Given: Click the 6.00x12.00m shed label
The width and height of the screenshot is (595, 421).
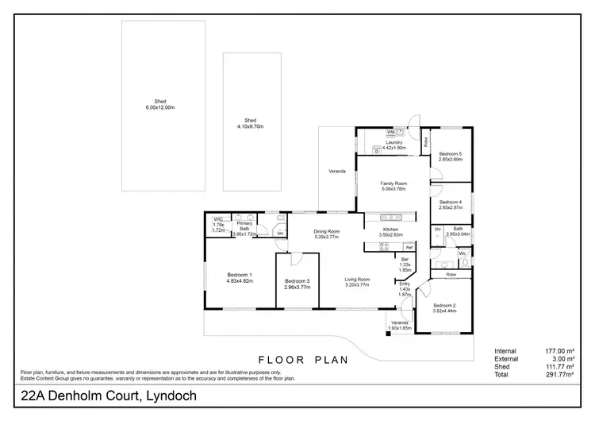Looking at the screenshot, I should [x=159, y=104].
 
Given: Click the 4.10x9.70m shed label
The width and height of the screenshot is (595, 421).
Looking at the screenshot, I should [x=253, y=123].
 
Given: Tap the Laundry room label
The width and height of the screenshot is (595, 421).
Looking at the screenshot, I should [x=394, y=145].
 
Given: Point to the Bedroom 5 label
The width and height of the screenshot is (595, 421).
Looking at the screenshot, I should [x=451, y=156].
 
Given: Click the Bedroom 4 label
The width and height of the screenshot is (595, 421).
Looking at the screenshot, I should [x=451, y=204].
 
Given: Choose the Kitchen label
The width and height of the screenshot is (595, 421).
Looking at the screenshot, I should [x=388, y=232].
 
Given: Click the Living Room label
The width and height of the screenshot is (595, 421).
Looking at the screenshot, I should [x=357, y=282].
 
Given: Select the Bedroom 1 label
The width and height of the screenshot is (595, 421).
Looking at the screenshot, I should [x=239, y=278].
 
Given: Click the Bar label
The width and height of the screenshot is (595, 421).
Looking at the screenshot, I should [x=405, y=265].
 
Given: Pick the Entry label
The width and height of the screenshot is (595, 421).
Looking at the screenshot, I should [x=405, y=288].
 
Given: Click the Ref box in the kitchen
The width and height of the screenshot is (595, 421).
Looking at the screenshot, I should [x=409, y=247].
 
